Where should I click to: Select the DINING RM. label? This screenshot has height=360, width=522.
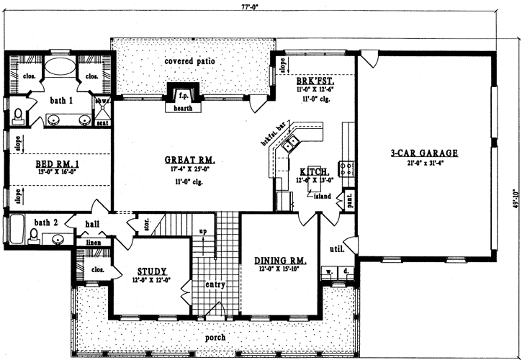point(277,261)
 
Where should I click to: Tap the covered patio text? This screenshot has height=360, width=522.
point(190,61)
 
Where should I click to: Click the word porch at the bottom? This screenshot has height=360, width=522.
point(215,337)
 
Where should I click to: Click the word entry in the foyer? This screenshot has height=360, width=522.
point(215,284)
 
